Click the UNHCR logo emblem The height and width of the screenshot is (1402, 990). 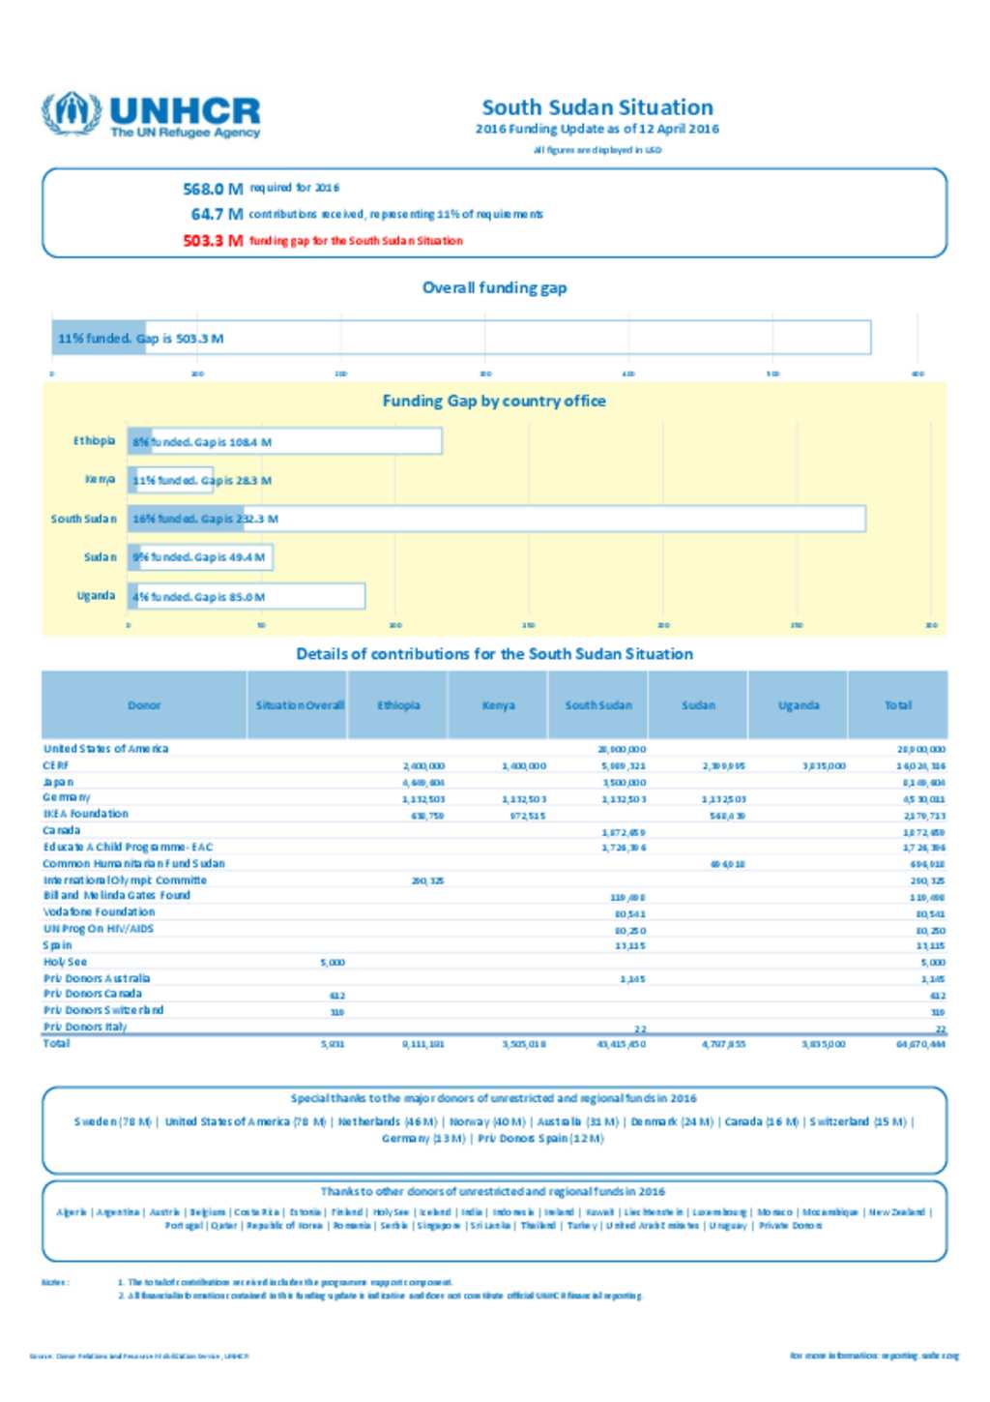70,113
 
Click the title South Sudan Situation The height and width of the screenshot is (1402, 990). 597,107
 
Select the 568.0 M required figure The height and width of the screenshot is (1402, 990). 213,189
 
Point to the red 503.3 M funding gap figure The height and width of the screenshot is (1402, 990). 213,241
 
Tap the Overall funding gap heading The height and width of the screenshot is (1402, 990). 494,287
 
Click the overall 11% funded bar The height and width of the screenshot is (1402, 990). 99,338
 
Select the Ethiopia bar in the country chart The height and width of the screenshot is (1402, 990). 286,442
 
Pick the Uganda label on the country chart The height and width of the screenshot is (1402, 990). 96,596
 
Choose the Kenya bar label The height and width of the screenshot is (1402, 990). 100,480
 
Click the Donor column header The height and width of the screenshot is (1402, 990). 144,705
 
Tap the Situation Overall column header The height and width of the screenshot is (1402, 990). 300,705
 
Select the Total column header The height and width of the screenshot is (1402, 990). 898,705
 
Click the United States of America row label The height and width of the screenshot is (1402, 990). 105,749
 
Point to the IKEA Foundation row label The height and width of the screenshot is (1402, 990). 85,814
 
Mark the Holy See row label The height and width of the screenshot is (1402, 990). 65,962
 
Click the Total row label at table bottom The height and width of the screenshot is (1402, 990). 56,1043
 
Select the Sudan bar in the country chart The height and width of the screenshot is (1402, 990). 202,557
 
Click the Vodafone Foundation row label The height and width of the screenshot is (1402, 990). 99,911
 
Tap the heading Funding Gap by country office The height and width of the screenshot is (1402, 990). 494,401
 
